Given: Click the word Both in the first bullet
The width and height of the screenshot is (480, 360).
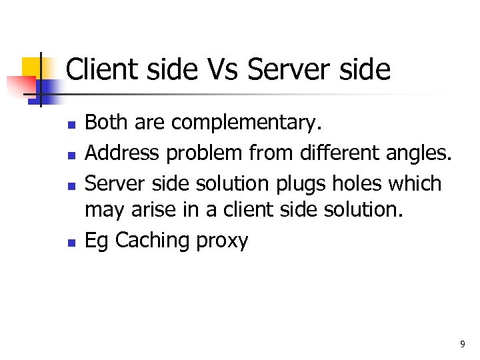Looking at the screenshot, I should pyautogui.click(x=107, y=123).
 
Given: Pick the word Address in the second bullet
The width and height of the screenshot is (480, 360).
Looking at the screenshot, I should pyautogui.click(x=123, y=153).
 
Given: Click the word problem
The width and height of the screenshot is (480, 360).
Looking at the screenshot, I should pyautogui.click(x=205, y=154).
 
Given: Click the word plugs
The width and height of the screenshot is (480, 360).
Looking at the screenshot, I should pyautogui.click(x=294, y=184).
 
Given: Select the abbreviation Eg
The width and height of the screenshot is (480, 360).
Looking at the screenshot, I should pyautogui.click(x=97, y=241).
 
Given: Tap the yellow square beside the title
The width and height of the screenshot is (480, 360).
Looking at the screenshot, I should pyautogui.click(x=32, y=67).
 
